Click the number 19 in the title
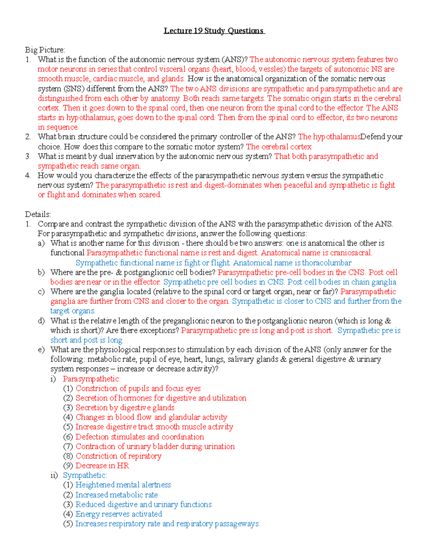tap(198, 31)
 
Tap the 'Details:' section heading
tap(38, 214)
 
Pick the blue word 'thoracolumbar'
tap(326, 263)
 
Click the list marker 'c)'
tap(41, 292)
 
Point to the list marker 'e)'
tap(41, 350)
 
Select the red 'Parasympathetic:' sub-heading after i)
tap(92, 379)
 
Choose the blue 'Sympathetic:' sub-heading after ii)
tap(85, 475)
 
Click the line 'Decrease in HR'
tap(102, 466)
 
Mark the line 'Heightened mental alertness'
tap(123, 485)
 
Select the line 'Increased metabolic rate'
tap(117, 495)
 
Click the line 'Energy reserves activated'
tap(119, 514)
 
